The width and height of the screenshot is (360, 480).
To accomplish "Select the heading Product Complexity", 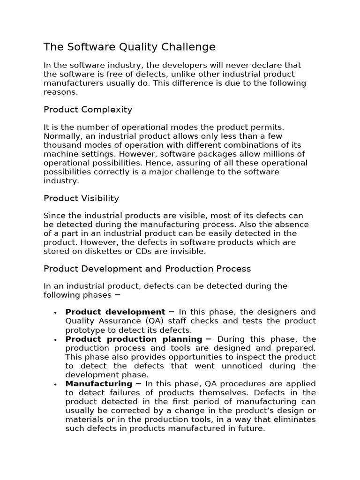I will click(88, 110).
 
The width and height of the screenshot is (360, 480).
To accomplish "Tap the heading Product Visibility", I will click(81, 198).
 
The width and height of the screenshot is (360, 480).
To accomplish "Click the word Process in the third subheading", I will click(233, 269).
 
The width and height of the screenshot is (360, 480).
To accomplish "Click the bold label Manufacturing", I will click(98, 384).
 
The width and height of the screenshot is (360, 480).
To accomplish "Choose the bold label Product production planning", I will click(134, 339).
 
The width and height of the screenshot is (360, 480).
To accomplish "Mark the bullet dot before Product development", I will click(55, 313).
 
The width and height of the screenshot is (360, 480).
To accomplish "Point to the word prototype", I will click(83, 330).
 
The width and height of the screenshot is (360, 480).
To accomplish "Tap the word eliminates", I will click(293, 420).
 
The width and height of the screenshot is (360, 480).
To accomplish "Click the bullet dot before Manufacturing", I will click(55, 384).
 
